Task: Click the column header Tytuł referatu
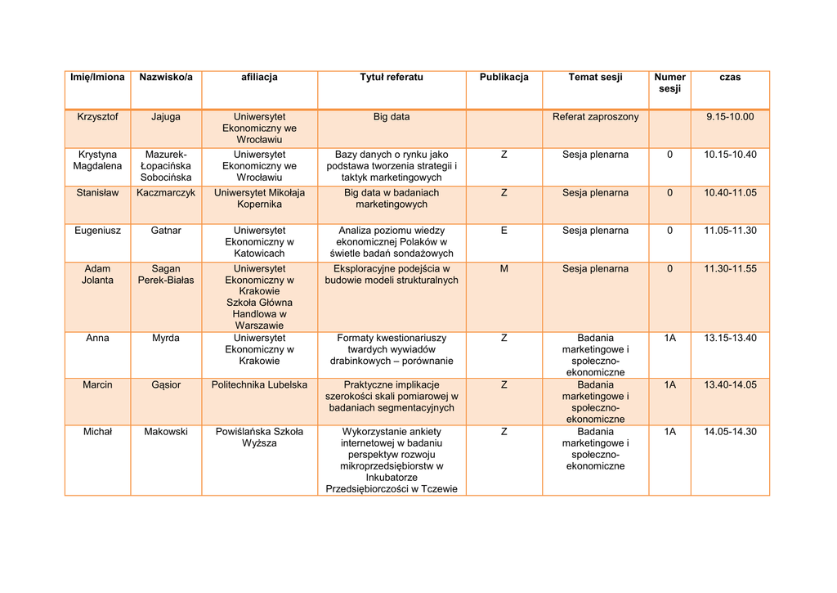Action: point(392,77)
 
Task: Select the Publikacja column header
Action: point(504,77)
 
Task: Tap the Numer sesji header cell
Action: point(669,83)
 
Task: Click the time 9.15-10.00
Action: point(730,117)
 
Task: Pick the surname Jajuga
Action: point(166,117)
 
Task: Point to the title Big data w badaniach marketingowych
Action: point(392,199)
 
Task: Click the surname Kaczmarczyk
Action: point(166,193)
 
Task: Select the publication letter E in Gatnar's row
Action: point(504,231)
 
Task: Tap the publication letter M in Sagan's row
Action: point(504,268)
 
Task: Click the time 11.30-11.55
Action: point(730,268)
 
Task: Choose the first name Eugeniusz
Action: point(97,231)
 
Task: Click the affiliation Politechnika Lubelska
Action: point(259,384)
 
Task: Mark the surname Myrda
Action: point(166,338)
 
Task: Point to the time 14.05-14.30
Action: point(730,432)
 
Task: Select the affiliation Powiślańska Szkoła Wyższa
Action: point(259,438)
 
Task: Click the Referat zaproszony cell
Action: point(595,117)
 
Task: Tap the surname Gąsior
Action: point(166,384)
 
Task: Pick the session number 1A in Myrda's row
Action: point(669,338)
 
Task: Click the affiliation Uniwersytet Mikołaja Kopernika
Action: point(259,199)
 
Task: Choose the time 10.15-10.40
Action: point(730,155)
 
